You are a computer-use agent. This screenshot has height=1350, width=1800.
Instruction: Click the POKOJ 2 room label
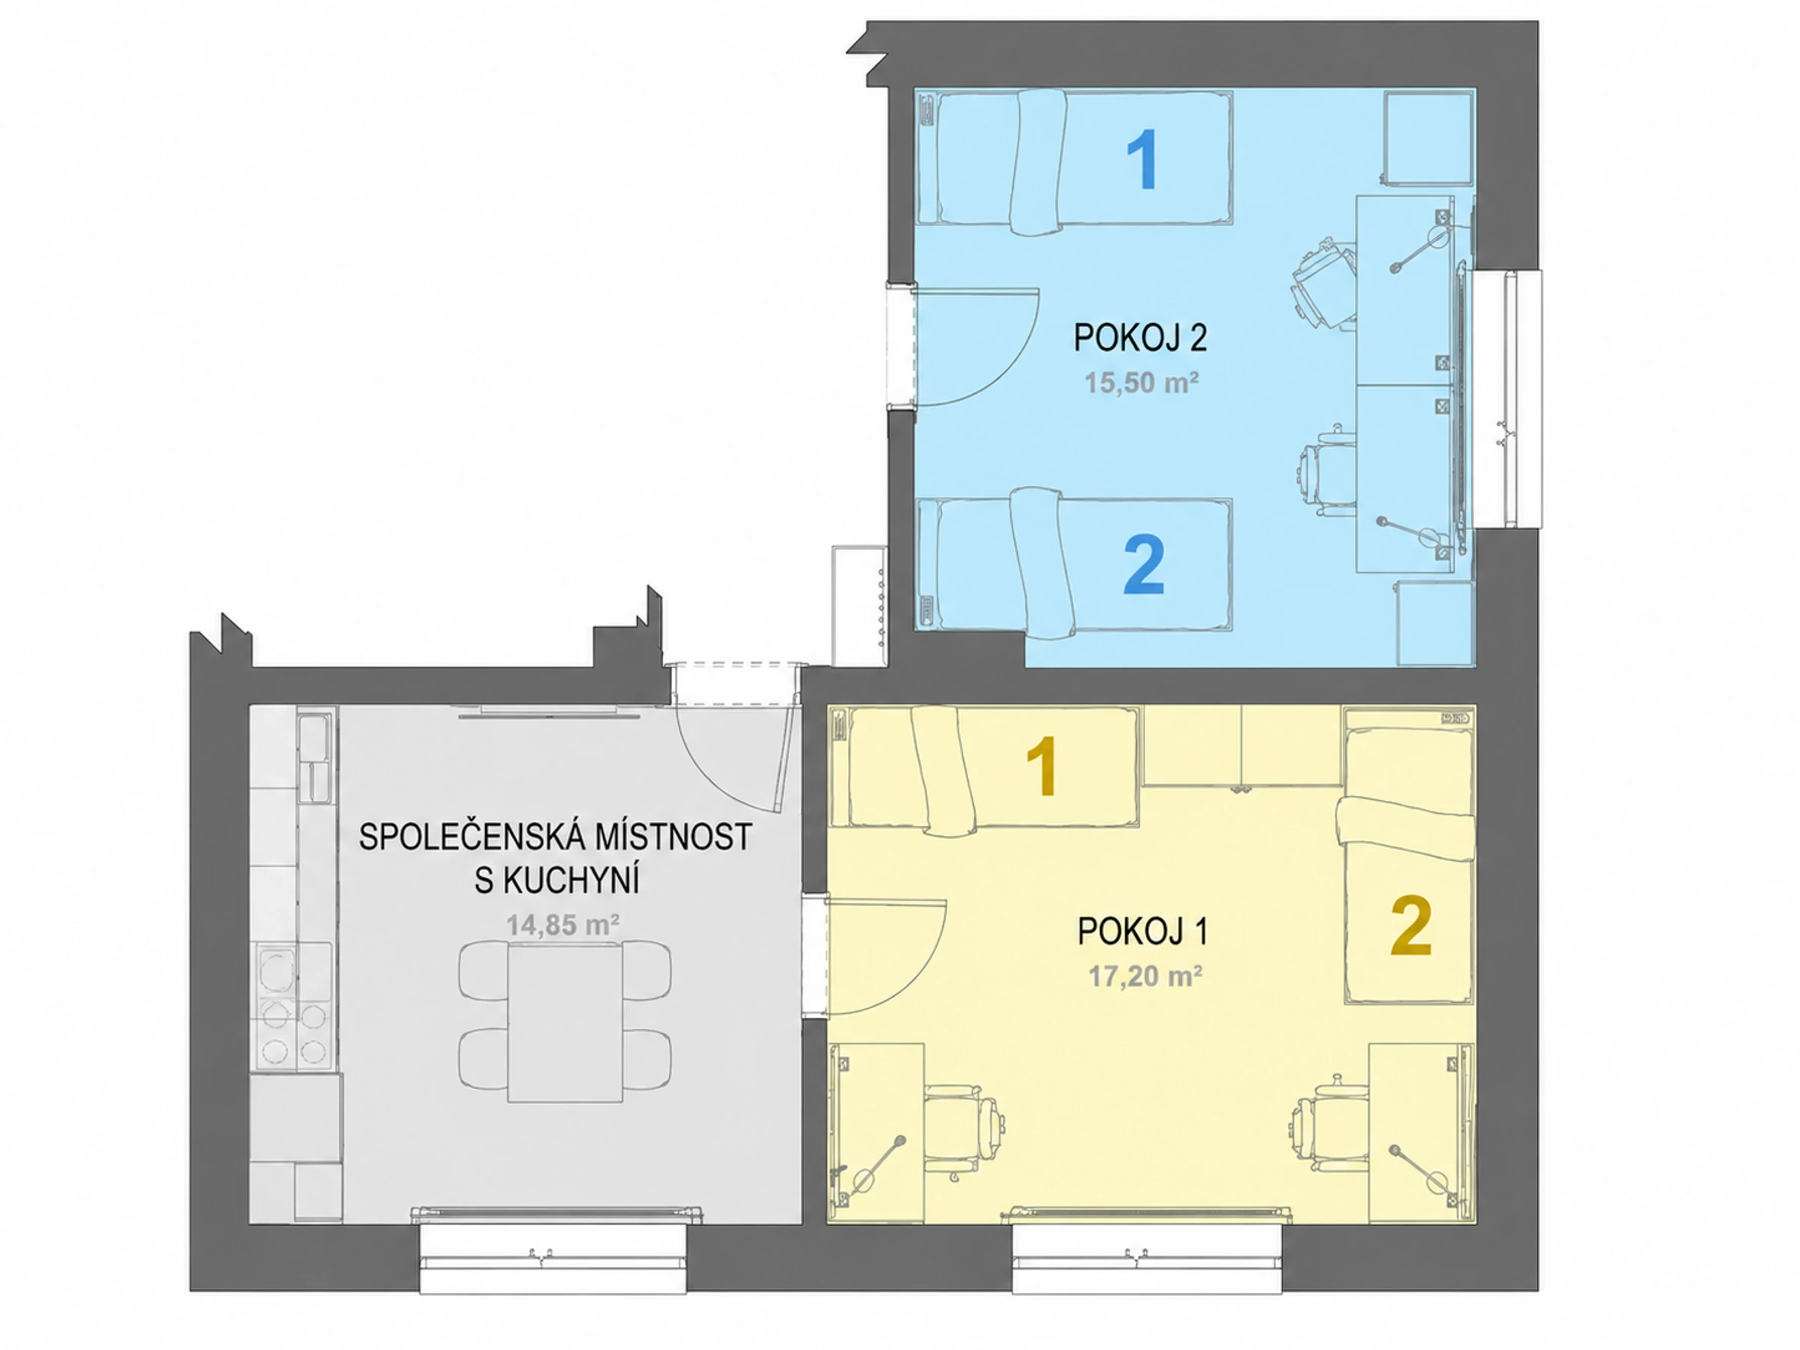[1140, 337]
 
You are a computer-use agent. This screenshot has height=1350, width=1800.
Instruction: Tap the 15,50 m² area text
[1141, 382]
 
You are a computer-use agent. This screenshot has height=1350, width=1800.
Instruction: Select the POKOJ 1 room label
[1142, 931]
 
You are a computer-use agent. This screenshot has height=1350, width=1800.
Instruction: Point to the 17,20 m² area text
[1146, 976]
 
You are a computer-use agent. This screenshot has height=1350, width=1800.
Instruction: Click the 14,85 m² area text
[563, 925]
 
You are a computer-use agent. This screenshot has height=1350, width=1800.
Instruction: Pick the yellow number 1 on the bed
[1041, 765]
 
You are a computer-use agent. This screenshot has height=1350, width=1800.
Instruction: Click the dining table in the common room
[565, 1022]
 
